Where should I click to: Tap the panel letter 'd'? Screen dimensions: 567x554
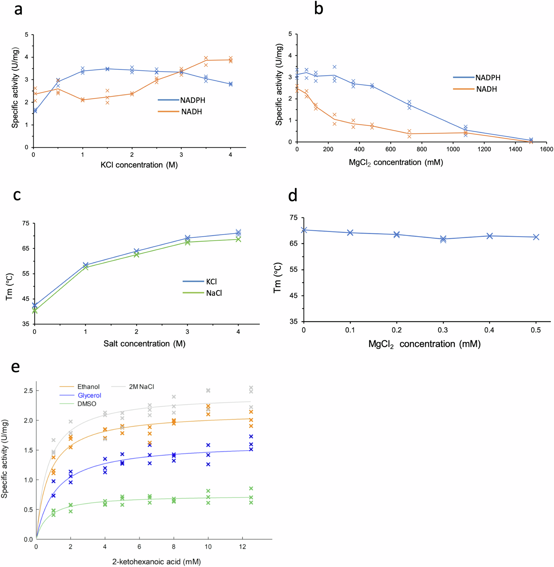coord(293,195)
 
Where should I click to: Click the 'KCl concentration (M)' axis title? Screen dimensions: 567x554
coord(139,165)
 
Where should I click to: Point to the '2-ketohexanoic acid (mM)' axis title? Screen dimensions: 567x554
coord(157,561)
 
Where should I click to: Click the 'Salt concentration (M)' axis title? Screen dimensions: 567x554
coord(144,343)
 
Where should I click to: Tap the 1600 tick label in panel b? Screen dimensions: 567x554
coord(547,149)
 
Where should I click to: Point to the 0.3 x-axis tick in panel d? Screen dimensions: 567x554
coord(443,330)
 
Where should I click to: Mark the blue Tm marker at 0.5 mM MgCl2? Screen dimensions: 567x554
coord(536,237)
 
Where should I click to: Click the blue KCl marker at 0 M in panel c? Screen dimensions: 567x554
coord(35,305)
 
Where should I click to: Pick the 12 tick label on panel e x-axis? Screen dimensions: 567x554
coord(242,547)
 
